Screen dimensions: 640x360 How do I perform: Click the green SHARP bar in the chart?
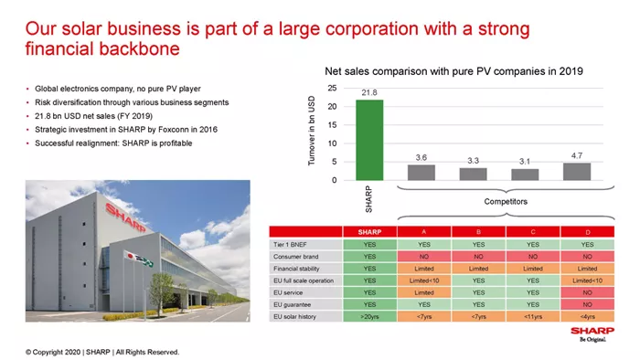pos(369,140)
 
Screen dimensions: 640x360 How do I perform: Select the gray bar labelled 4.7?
pos(577,172)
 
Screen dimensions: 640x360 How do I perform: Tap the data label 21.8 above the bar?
pos(369,92)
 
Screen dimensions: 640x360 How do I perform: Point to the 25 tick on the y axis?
pos(332,88)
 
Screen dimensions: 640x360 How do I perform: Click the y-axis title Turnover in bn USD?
pos(312,131)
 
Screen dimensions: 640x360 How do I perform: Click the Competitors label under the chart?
pos(506,201)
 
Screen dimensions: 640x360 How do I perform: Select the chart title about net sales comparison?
pos(453,71)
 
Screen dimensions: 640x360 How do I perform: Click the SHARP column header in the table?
pos(369,232)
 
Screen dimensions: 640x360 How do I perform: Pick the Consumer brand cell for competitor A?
pos(424,257)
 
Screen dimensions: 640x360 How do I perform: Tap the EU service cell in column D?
pos(587,292)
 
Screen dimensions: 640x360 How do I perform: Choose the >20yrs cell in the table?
pos(369,316)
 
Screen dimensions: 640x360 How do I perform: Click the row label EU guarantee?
pos(293,304)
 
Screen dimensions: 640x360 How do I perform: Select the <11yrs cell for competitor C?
pos(533,316)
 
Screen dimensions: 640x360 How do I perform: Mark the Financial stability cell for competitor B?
pos(478,269)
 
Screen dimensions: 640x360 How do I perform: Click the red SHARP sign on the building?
pos(126,217)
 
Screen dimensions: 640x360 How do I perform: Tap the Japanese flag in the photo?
pos(131,256)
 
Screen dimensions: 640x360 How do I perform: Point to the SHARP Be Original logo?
pos(592,334)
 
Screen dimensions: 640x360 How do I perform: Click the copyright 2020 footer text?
pos(102,352)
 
